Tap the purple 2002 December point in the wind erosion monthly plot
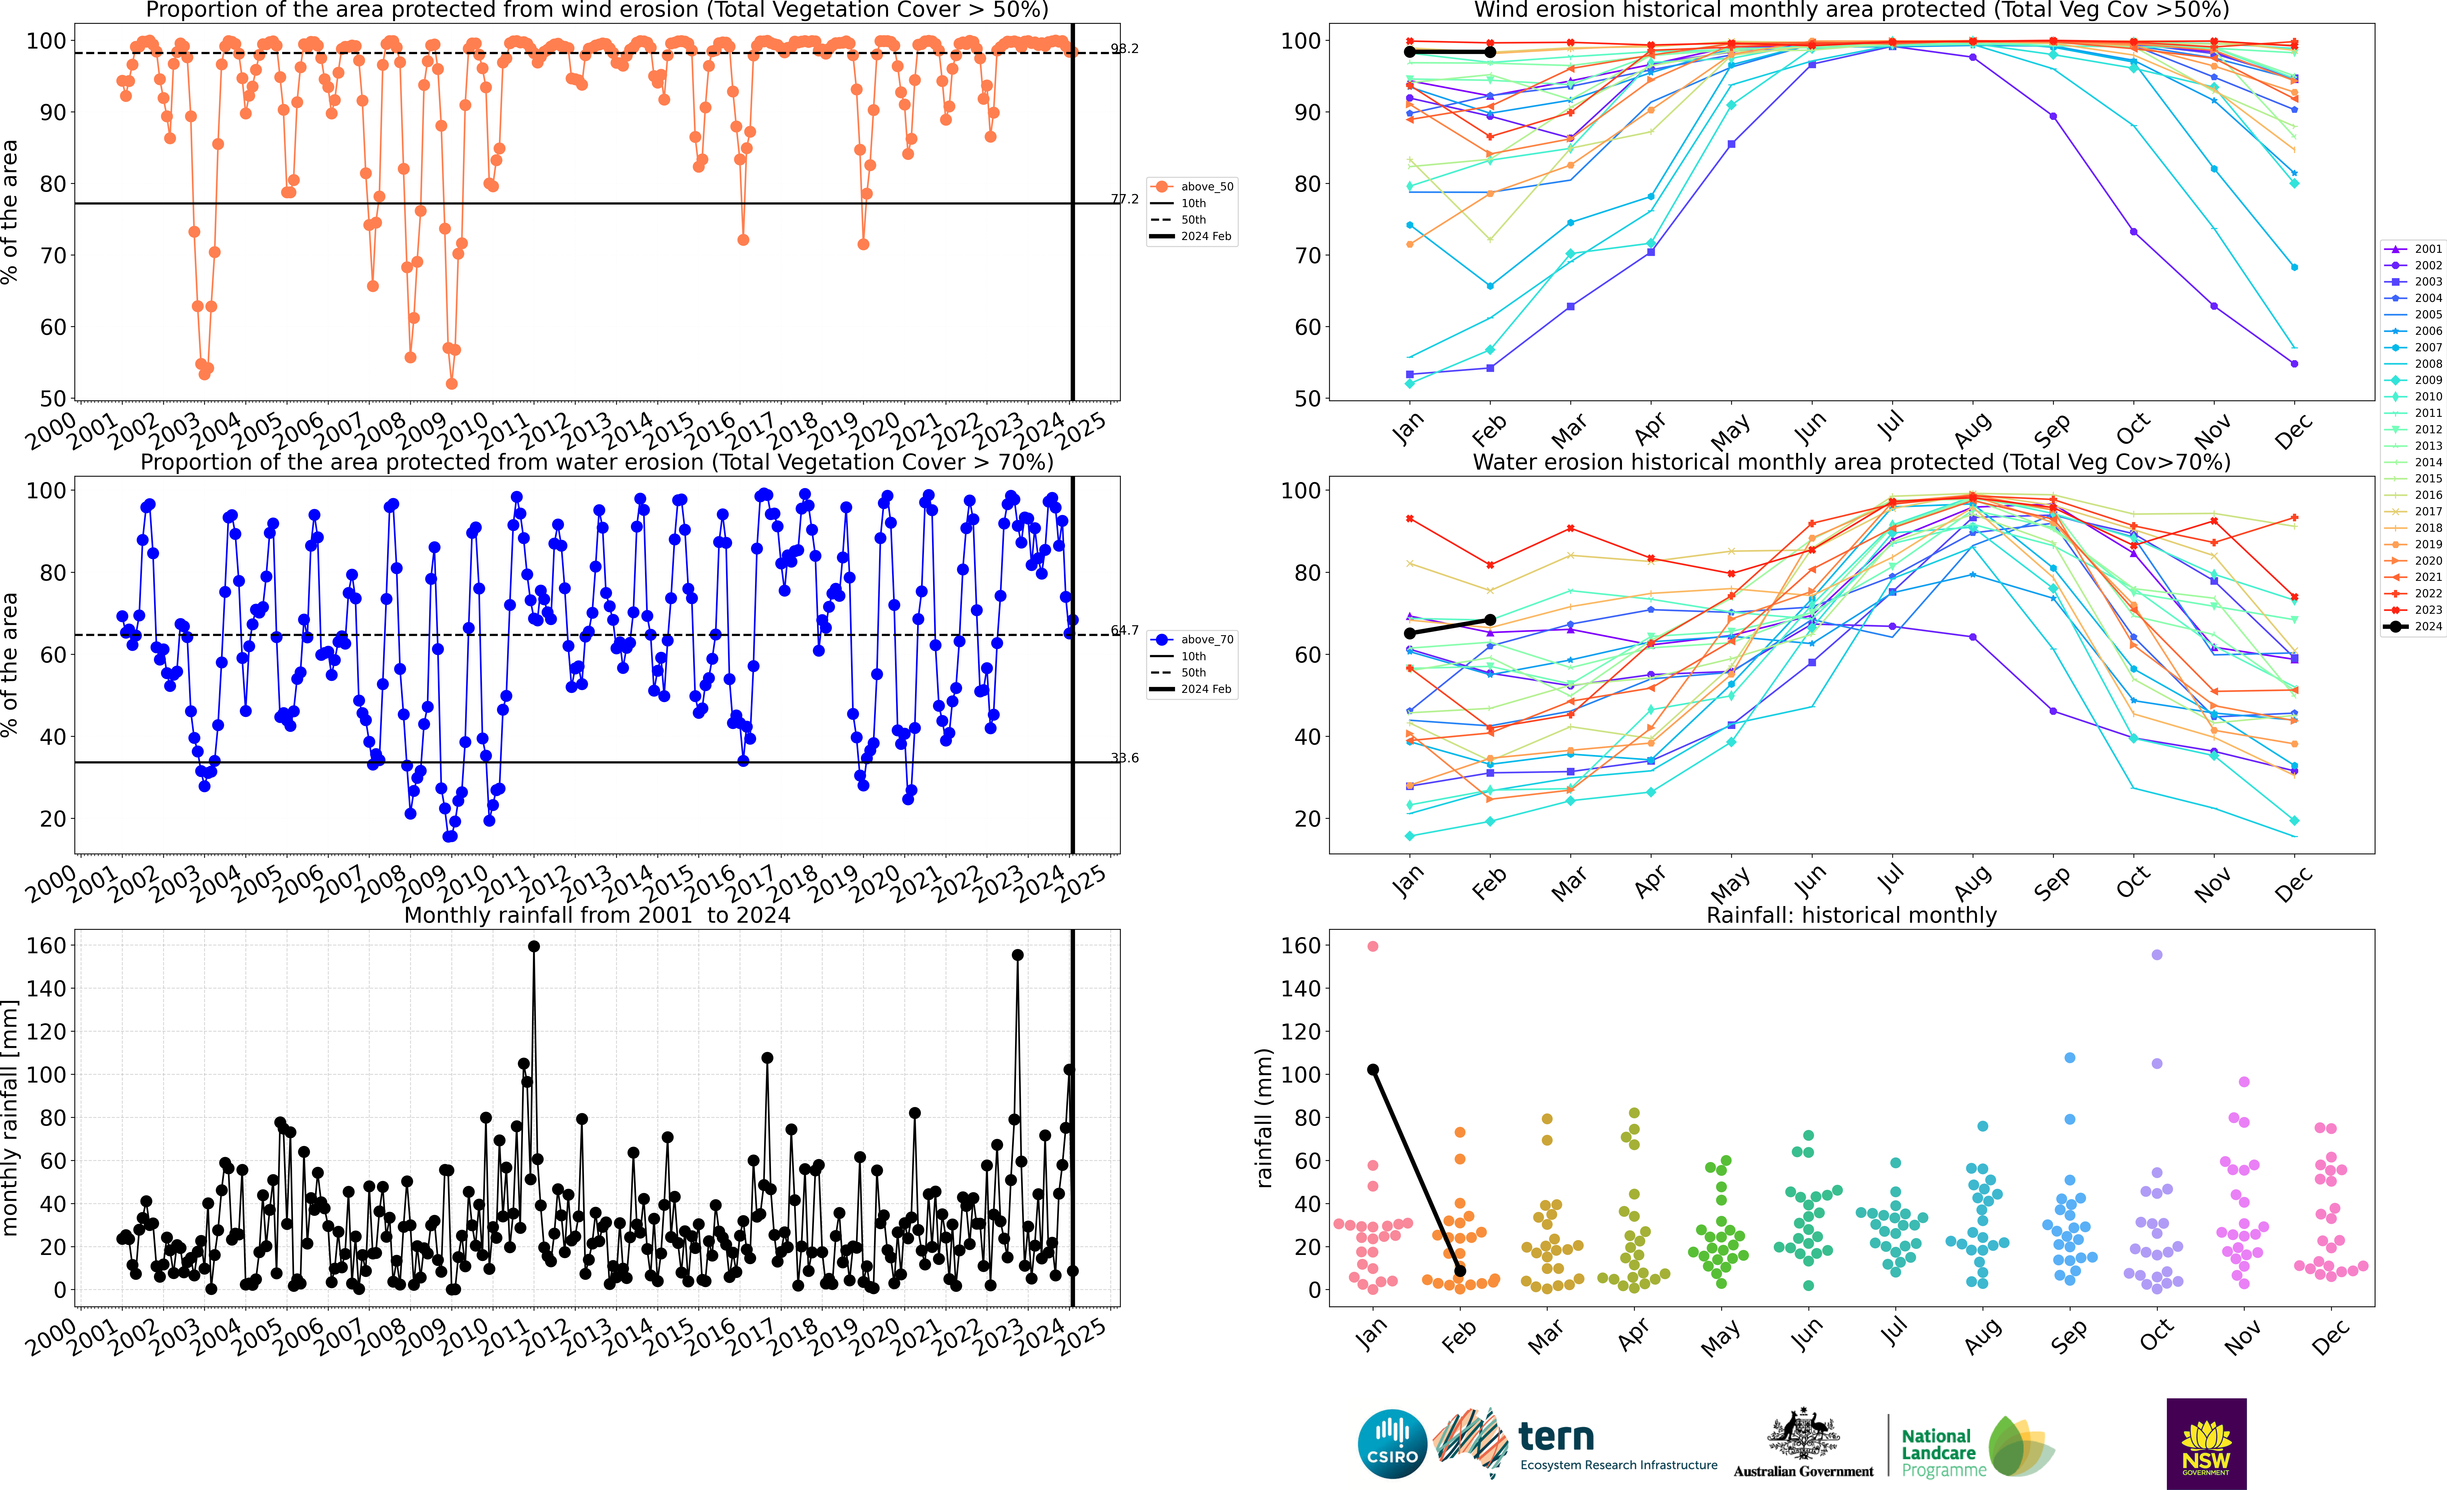click(x=2294, y=364)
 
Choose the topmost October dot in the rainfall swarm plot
click(x=2157, y=955)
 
